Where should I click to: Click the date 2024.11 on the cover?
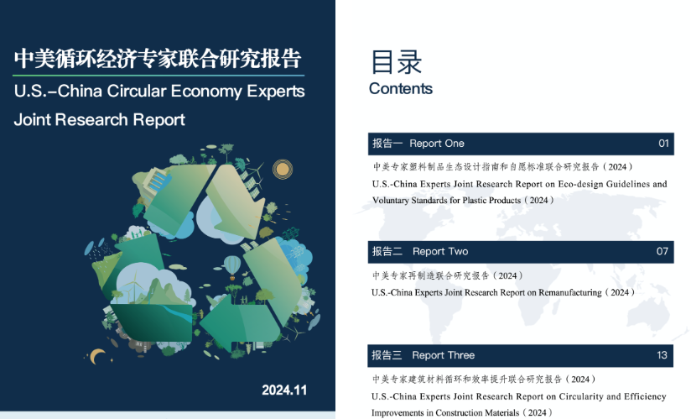(284, 390)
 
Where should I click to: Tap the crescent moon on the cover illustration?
(97, 356)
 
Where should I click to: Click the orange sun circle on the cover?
(282, 169)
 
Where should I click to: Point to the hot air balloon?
(232, 266)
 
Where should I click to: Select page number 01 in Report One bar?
(663, 144)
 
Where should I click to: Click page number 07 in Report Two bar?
(662, 251)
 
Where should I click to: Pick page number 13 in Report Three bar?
(662, 355)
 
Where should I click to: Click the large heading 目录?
(396, 62)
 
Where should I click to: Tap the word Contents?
(401, 89)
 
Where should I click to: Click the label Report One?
(437, 144)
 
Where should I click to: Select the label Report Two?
(440, 251)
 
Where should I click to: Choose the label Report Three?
(444, 355)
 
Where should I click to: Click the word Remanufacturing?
(569, 292)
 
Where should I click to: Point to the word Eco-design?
(580, 184)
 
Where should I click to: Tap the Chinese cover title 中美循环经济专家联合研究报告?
(158, 59)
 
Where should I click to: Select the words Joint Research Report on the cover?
(100, 120)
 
